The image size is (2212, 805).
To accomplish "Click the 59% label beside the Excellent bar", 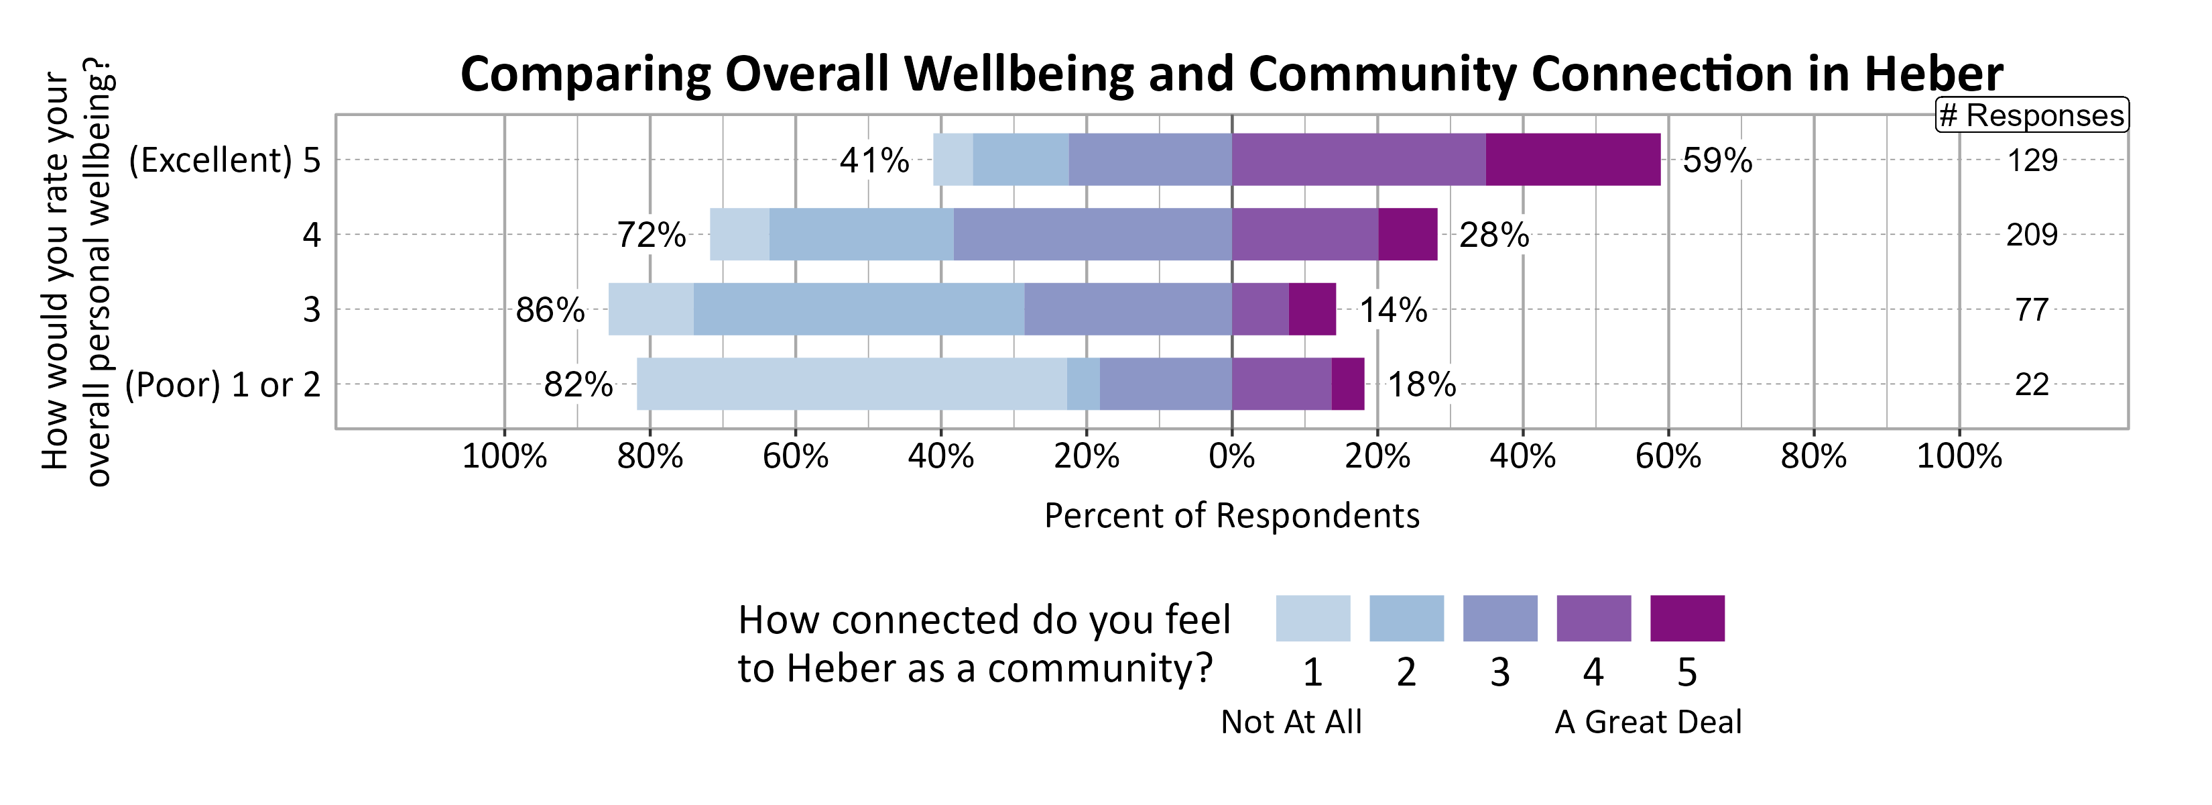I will coord(1717,160).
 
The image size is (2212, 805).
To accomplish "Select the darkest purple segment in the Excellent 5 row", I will coord(1573,160).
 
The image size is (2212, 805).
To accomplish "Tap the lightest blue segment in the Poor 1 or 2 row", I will coord(851,384).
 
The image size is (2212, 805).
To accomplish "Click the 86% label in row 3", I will coord(550,310).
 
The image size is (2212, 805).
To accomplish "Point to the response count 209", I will coord(2031,235).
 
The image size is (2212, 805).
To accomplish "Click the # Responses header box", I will coord(2031,115).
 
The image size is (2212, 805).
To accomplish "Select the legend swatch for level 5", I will coord(1686,619).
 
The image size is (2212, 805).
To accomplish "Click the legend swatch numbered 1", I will coord(1312,619).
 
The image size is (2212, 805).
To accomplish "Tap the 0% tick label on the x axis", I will coord(1231,456).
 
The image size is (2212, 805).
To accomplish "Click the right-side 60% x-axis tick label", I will coord(1668,456).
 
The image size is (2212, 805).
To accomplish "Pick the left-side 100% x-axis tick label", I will coord(504,456).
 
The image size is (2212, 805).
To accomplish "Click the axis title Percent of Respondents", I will coord(1231,515).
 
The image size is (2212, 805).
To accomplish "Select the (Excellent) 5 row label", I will coord(224,160).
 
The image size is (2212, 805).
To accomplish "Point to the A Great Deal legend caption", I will coord(1648,722).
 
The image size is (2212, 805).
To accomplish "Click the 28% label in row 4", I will coord(1493,235).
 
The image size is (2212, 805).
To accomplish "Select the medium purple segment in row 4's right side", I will coord(1304,235).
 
